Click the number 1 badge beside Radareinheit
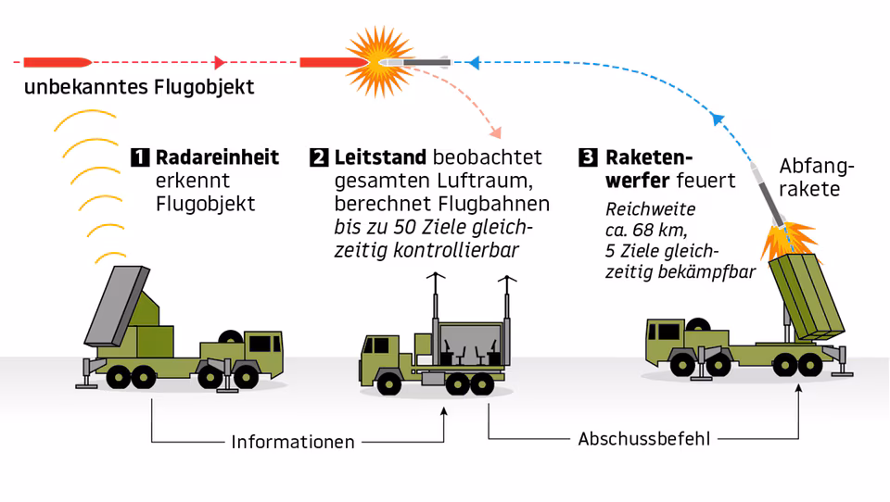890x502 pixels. click(140, 157)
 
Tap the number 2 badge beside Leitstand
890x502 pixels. click(319, 157)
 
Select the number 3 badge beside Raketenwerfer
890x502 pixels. click(588, 157)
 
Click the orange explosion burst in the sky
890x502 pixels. click(379, 62)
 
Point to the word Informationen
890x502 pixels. click(293, 442)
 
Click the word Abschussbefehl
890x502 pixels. click(644, 439)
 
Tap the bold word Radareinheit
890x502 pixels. click(217, 157)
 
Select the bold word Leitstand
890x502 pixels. click(380, 157)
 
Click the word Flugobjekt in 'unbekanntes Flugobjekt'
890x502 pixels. click(204, 87)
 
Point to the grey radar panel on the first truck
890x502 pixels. click(117, 306)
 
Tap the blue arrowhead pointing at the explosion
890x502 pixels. click(474, 62)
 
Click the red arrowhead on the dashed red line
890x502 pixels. click(221, 62)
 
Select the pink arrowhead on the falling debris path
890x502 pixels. click(496, 132)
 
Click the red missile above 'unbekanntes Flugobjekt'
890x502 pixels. click(57, 62)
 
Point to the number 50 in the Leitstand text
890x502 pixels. click(405, 228)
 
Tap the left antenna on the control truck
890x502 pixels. click(436, 308)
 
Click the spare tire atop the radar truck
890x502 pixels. click(231, 336)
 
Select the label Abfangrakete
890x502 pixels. click(816, 178)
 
